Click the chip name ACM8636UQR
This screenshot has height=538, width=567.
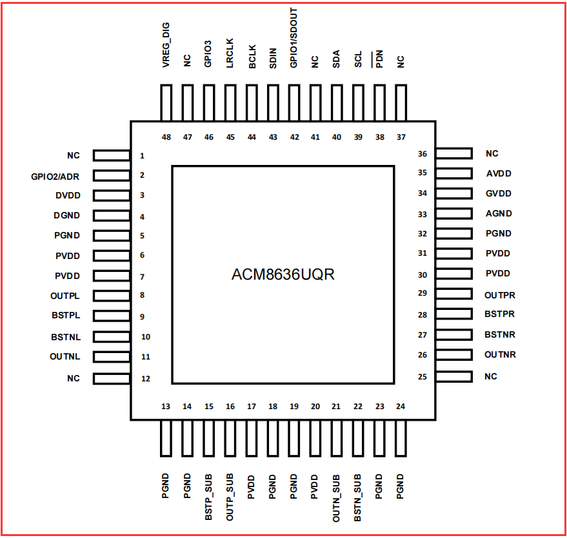[283, 274]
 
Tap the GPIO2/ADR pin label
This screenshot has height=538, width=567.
[55, 176]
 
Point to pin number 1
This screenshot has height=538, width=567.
[142, 156]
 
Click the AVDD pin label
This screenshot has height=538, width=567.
[499, 173]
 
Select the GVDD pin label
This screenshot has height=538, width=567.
[499, 193]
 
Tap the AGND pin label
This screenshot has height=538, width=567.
[499, 214]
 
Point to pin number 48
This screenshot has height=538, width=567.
[166, 137]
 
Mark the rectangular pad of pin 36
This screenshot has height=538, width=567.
[453, 153]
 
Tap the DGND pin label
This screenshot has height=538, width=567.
[67, 216]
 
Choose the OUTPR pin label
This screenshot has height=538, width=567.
[500, 295]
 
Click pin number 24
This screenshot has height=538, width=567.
[401, 407]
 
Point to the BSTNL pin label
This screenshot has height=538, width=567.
[65, 337]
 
